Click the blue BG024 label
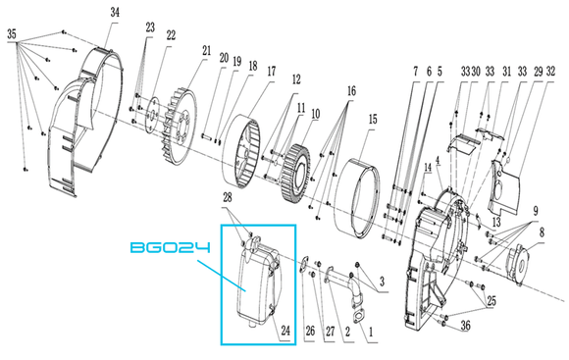coord(170,248)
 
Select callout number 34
coord(115,13)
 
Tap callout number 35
coord(12,34)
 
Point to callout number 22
coord(171,35)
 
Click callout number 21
coord(206,50)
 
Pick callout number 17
coord(272,72)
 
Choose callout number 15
coord(373,119)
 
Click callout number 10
coord(315,114)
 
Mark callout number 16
coord(351,91)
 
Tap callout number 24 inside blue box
coord(285,331)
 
